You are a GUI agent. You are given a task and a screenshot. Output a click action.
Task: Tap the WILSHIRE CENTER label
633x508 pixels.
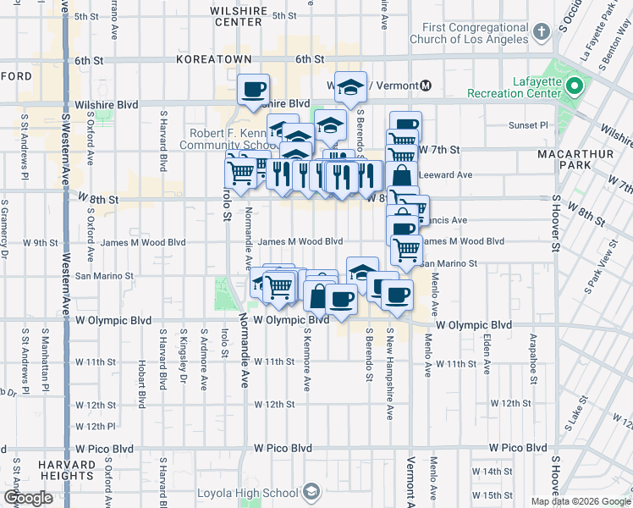[238, 16]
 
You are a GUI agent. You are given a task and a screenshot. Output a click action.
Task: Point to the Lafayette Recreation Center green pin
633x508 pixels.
[575, 86]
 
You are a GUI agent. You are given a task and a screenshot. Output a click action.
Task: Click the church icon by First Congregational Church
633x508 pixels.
[542, 32]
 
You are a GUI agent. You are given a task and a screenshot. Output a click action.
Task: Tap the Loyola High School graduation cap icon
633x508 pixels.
[311, 492]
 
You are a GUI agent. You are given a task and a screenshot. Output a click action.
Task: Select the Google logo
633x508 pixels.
[28, 498]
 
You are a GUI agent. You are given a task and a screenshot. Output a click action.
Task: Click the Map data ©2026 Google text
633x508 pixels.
[580, 501]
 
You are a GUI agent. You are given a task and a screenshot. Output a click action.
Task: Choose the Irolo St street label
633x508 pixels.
[225, 204]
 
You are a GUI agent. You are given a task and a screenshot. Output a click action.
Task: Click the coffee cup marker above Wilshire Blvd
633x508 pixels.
[253, 89]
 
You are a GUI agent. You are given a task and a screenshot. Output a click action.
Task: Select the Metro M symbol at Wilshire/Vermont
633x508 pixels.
[426, 86]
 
